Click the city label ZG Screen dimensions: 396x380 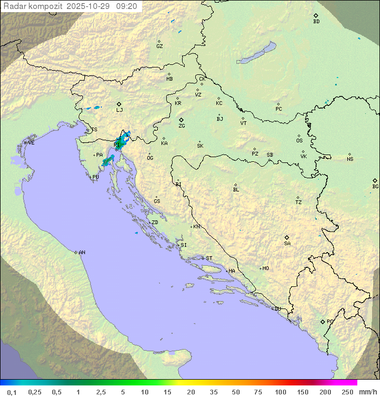[x=182, y=127]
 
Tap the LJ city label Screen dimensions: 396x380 [x=119, y=110]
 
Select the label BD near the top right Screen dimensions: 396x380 [x=316, y=22]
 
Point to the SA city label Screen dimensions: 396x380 [x=287, y=244]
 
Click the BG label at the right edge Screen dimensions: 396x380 [x=375, y=187]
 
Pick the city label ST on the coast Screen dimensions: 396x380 [x=209, y=258]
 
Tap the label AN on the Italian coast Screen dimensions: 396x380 [x=82, y=253]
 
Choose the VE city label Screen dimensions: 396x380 [x=31, y=143]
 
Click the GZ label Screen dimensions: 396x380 [x=159, y=46]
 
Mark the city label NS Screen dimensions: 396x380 [x=350, y=159]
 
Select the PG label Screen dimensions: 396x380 [x=330, y=322]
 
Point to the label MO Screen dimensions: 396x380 [x=265, y=268]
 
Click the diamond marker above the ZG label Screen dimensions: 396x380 [x=181, y=120]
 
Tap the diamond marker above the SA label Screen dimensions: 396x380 [x=287, y=237]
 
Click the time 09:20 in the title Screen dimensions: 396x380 [x=127, y=6]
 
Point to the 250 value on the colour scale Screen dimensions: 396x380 [x=347, y=392]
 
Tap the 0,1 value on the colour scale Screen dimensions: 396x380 [x=12, y=392]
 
